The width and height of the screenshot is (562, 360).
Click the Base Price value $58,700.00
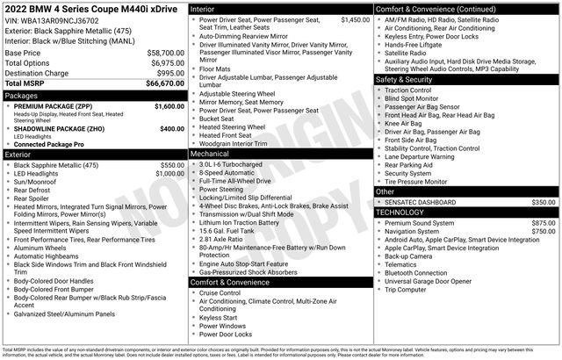(165, 53)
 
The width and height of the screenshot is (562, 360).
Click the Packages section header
(22, 95)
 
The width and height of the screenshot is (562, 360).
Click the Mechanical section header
(210, 153)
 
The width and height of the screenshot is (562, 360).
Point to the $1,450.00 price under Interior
(354, 18)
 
